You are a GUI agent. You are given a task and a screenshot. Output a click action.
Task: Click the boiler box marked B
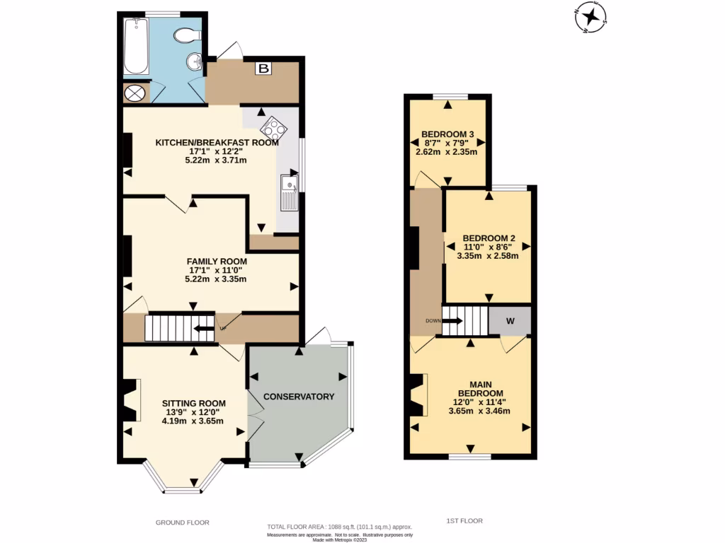[263, 69]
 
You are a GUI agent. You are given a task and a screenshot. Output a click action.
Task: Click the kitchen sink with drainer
[290, 193]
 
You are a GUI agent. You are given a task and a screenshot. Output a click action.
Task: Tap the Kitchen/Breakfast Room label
[217, 142]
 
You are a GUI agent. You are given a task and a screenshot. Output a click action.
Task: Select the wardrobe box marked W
[510, 321]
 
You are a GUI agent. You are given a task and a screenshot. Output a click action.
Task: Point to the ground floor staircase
[180, 328]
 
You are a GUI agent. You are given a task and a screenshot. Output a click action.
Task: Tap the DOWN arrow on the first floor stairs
[454, 321]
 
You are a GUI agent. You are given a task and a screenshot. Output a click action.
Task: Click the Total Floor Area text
[339, 527]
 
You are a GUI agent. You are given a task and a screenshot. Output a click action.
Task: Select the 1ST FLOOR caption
[464, 521]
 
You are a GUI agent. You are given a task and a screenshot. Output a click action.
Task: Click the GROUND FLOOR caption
[183, 522]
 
